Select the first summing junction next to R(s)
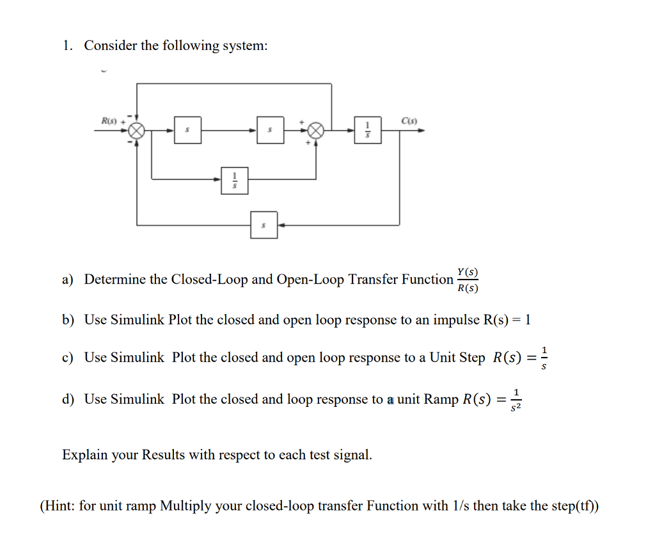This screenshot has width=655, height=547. pos(136,131)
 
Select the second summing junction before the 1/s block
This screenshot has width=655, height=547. pos(315,131)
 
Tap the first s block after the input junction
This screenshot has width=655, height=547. pos(187,131)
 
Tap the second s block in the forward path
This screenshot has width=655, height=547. pos(270,131)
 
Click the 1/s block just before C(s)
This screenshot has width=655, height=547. pos(368,131)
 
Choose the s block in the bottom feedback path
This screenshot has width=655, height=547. pos(264,225)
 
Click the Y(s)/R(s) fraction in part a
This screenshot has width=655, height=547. pos(468,280)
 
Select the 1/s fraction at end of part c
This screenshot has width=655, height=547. pos(544,358)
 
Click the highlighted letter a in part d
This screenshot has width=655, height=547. pos(390,400)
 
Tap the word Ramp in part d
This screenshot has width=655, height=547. pos(441,400)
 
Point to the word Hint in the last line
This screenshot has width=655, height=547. pos(59,506)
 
